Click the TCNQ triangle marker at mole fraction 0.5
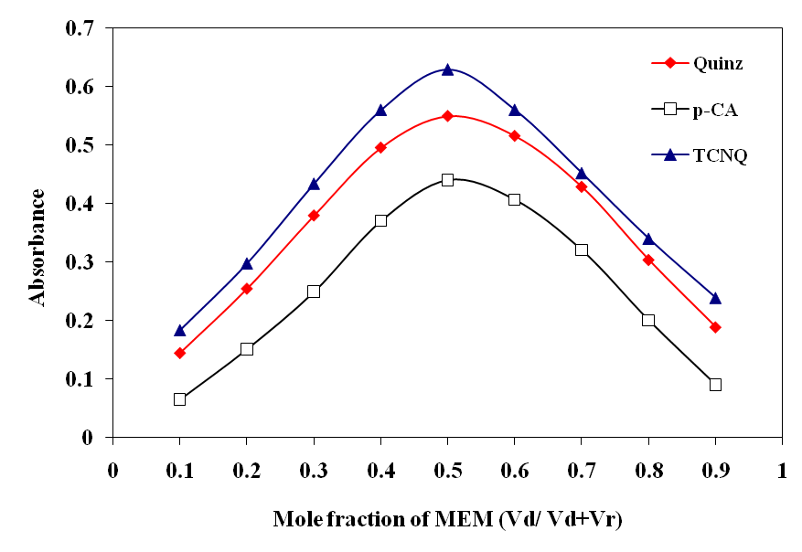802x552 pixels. tap(448, 69)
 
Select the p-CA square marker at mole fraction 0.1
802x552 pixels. tap(179, 399)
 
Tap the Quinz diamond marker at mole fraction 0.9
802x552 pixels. tap(715, 327)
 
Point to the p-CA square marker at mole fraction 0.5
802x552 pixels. tap(448, 180)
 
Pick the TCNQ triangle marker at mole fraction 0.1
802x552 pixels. tap(179, 330)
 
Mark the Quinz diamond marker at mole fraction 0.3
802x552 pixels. tap(314, 216)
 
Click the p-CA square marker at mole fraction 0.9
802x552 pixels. tap(715, 385)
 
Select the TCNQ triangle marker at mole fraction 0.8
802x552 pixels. tap(648, 239)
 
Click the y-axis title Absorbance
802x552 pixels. tap(37, 247)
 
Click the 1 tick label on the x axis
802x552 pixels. tap(782, 472)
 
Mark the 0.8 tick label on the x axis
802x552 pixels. tap(648, 472)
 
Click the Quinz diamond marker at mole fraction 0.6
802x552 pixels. tap(515, 136)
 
